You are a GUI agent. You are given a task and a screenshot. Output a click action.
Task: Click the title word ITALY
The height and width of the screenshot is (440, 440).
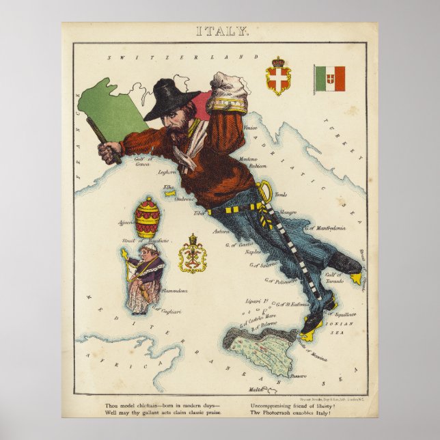[x=223, y=31]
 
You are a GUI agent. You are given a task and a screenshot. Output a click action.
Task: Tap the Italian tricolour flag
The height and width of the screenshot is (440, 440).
[x=330, y=79]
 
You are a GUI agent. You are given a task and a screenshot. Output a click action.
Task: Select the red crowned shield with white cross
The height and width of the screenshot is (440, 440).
[x=277, y=78]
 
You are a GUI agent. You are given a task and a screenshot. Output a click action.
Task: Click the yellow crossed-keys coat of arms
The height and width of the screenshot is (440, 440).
[x=193, y=255]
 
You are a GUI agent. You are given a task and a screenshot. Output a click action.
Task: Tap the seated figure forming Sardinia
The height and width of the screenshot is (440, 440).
[x=144, y=277]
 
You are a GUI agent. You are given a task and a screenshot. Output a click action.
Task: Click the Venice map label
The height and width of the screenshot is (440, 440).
[x=250, y=127]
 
